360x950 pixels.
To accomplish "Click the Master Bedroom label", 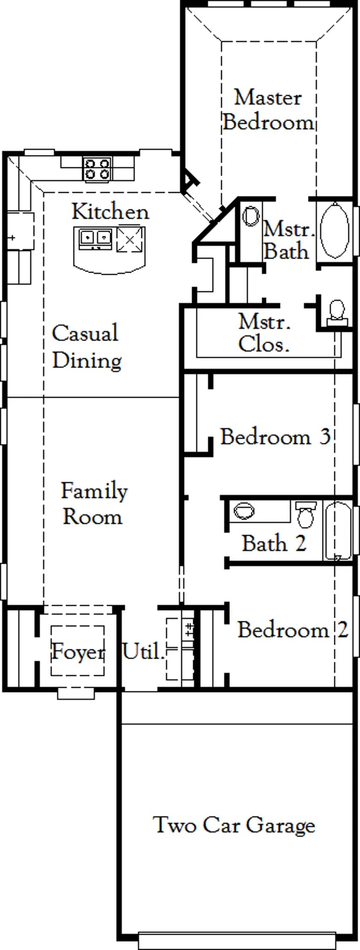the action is click(268, 110).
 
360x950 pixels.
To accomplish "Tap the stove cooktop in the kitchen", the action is click(97, 169).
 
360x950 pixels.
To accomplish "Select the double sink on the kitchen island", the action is click(95, 238).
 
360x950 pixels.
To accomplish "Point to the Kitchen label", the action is click(110, 212).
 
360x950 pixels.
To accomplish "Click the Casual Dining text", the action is click(87, 346).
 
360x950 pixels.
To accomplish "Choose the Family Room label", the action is click(94, 503).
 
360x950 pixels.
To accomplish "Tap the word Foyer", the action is click(78, 652).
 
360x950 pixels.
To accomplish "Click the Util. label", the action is click(143, 651).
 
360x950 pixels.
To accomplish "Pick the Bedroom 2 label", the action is click(293, 630).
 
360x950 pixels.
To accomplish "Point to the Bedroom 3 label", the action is click(275, 437).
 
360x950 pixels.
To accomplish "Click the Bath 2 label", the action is click(273, 543).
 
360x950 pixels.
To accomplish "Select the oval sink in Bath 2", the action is click(244, 511).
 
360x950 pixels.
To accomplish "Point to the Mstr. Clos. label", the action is click(264, 333).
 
